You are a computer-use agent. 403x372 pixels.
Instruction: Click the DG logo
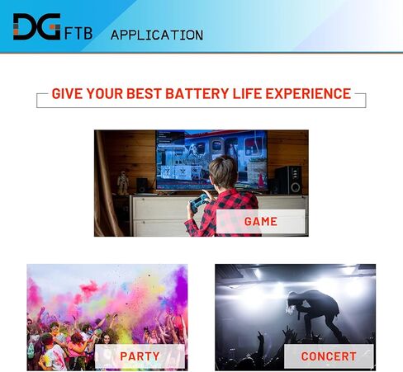36,26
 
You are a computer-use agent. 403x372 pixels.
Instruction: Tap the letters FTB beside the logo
78,34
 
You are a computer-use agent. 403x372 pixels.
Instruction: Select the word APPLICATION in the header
157,35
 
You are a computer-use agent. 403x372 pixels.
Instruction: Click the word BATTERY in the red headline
197,93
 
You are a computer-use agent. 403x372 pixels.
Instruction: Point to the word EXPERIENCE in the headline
308,93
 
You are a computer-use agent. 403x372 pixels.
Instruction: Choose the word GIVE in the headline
67,93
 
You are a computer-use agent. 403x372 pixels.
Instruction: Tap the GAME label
261,222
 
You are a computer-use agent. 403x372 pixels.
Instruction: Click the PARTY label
140,356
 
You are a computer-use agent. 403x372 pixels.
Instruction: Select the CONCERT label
329,356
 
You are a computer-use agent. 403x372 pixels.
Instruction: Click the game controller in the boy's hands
198,203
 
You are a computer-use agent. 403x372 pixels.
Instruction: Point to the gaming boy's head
223,172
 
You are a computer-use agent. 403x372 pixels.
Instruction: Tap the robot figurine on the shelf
123,183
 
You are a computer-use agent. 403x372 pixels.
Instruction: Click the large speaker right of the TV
288,181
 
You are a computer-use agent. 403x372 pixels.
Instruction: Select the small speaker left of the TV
142,185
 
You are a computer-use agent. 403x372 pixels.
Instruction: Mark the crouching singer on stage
315,313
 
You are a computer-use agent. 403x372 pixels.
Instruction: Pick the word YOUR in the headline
105,93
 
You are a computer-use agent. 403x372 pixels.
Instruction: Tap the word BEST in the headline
144,93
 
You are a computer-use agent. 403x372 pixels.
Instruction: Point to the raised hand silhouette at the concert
259,337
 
